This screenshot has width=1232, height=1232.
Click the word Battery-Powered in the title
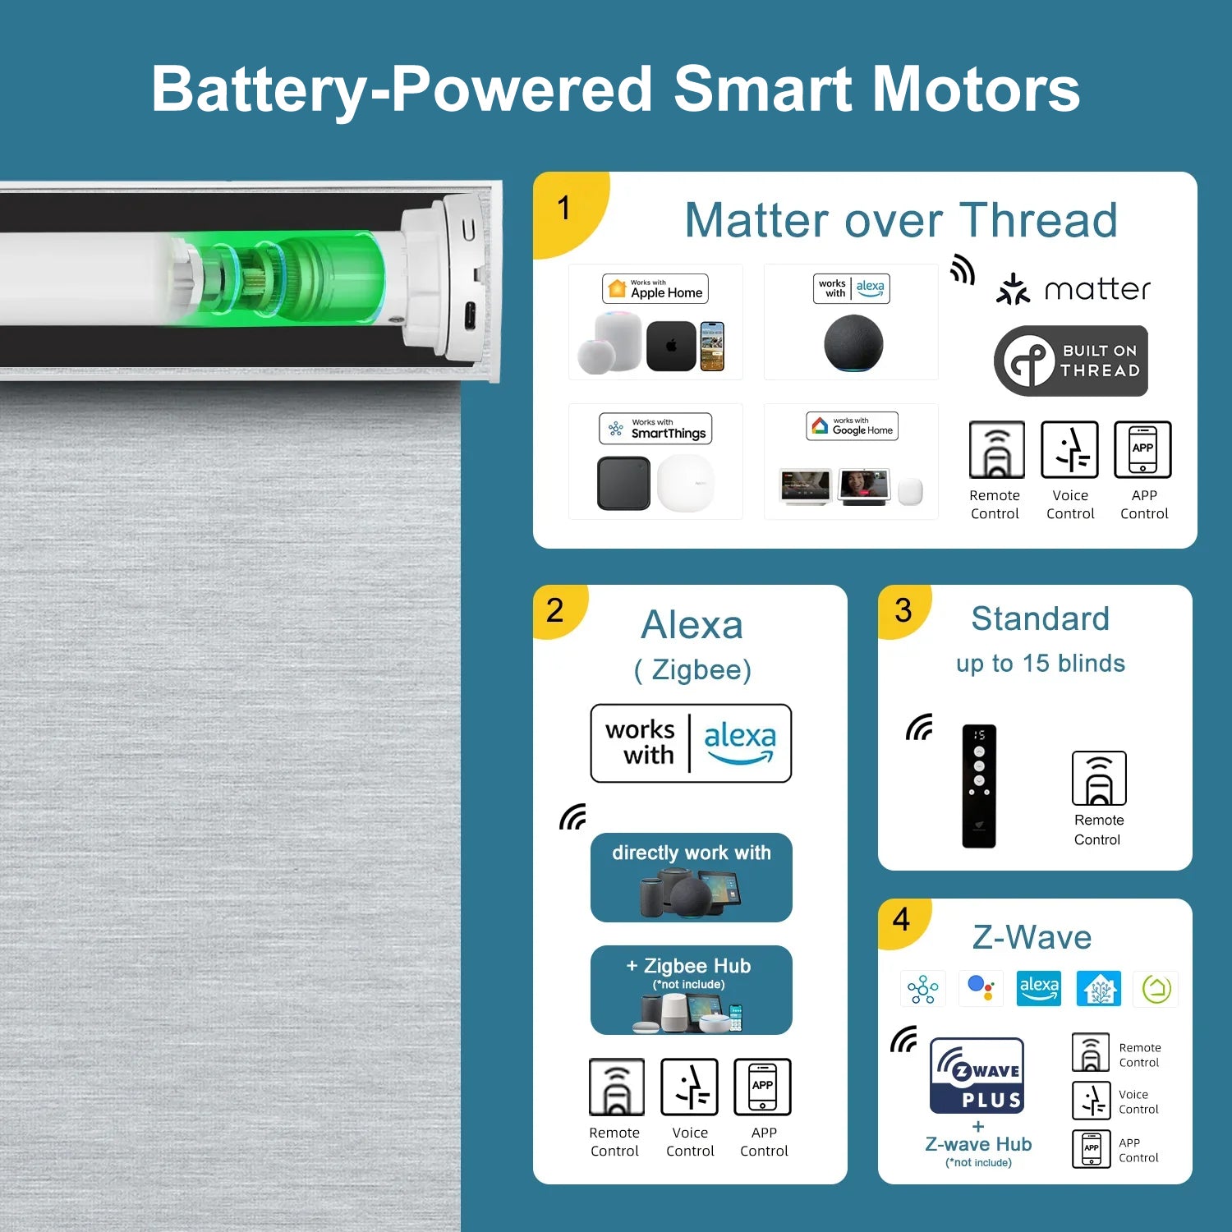point(402,90)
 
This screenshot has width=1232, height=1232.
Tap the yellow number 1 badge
point(567,209)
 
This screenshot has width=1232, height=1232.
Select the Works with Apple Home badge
point(655,289)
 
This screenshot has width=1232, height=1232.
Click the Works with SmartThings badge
point(655,429)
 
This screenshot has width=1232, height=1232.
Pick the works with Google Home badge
point(852,426)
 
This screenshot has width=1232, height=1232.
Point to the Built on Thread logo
point(1070,361)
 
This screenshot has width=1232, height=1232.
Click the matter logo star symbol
point(1013,289)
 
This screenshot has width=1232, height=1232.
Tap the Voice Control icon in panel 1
point(1070,449)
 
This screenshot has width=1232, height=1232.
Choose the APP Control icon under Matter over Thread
point(1142,449)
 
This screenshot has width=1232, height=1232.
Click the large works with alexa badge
point(691,743)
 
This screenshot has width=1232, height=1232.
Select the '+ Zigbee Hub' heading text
point(689,966)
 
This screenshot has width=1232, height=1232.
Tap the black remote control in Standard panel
point(979,786)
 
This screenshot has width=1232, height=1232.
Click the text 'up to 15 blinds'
point(1041,664)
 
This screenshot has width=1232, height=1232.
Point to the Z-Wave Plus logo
point(977,1075)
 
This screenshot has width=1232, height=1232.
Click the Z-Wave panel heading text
point(1032,937)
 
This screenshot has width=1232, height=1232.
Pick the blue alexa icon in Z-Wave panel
point(1039,988)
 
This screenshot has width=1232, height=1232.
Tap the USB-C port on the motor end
point(469,315)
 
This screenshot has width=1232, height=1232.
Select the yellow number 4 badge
point(903,922)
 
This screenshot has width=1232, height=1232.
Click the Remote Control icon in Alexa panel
point(617,1087)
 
